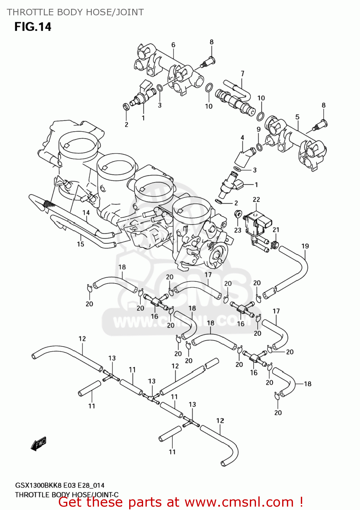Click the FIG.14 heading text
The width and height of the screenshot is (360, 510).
pos(33,27)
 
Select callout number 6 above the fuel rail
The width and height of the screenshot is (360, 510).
pos(173,45)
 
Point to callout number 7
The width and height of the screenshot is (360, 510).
pos(242,73)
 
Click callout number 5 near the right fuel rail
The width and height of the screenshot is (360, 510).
pos(297,117)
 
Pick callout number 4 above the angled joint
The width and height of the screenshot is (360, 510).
pos(242,138)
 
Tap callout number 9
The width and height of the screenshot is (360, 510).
pos(259,129)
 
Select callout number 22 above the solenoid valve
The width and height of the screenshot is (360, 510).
pos(256,200)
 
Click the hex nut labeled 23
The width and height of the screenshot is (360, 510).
pos(238,214)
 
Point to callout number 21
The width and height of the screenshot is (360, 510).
pos(276,230)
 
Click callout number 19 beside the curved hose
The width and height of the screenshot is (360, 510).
pos(305,246)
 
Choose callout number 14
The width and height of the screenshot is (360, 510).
pos(86,213)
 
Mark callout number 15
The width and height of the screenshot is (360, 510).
pos(81,244)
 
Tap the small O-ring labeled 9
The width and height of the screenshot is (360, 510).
pos(259,147)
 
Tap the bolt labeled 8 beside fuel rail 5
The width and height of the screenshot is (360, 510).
pos(320,125)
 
